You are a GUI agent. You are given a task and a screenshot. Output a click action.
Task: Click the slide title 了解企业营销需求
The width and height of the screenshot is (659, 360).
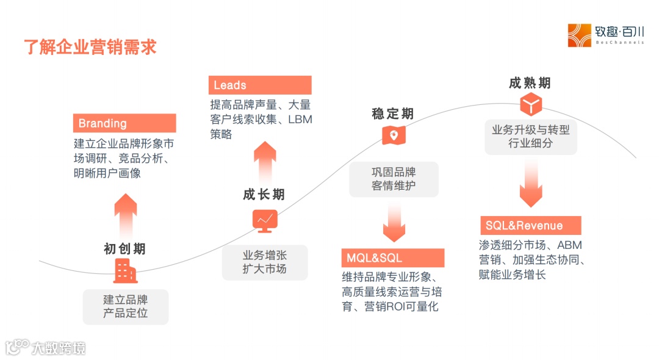(x=90, y=47)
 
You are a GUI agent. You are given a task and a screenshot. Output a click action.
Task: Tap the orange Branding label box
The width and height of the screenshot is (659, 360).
(x=124, y=123)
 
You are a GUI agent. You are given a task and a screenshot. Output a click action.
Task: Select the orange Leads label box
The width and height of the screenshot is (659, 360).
(x=260, y=85)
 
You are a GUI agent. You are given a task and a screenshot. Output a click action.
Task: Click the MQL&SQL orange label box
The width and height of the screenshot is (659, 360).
(x=392, y=257)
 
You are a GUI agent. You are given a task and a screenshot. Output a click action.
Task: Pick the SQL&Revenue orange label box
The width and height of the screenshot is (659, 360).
(x=530, y=226)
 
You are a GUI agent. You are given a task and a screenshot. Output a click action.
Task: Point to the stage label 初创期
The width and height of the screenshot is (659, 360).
(x=124, y=249)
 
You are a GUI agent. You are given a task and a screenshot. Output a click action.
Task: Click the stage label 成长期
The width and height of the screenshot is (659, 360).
(x=264, y=195)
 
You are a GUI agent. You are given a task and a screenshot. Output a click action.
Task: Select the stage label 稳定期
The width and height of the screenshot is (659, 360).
(x=392, y=114)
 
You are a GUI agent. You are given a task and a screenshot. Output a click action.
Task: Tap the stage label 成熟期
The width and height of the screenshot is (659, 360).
(x=530, y=84)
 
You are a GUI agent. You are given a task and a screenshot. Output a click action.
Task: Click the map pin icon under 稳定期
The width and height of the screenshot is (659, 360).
(x=394, y=135)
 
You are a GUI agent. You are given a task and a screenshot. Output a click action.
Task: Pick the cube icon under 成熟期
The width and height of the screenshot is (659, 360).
(x=531, y=104)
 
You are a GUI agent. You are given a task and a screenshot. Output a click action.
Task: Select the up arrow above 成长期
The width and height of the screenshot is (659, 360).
(x=265, y=162)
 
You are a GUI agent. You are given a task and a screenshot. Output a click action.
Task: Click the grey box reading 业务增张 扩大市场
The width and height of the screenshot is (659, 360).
(x=264, y=262)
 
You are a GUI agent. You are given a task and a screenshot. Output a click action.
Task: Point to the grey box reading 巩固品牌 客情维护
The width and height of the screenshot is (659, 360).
(x=394, y=179)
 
